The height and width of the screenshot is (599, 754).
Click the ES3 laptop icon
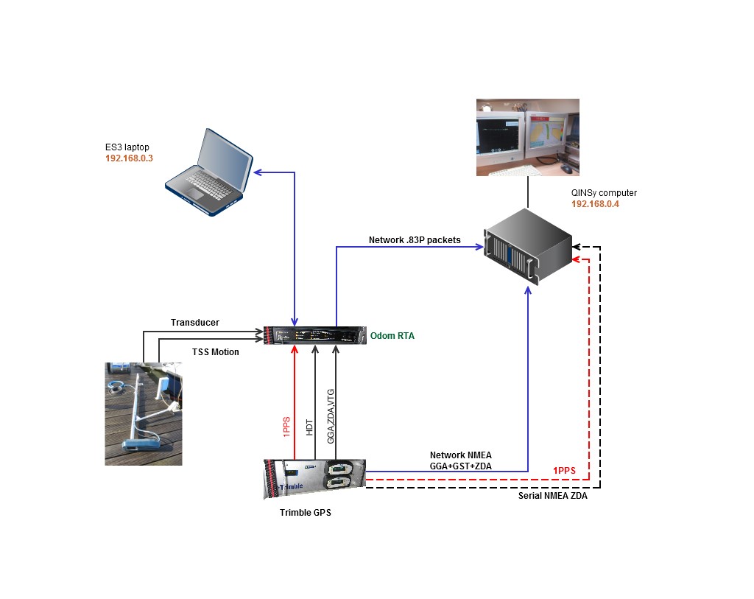[x=208, y=173]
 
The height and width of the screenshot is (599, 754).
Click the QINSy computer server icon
[x=527, y=246]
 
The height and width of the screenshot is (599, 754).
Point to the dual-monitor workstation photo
[x=527, y=137]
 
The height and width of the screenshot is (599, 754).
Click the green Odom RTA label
[x=392, y=336]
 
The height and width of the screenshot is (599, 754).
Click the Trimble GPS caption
[x=305, y=513]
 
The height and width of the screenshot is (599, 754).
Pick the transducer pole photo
[x=143, y=413]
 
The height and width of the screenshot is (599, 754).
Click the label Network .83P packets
[x=415, y=240]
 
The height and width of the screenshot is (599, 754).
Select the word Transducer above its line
[x=195, y=322]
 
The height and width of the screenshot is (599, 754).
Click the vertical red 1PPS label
[x=287, y=427]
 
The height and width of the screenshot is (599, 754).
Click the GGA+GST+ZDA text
[x=461, y=466]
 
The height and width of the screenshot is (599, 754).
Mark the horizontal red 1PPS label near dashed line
[x=565, y=470]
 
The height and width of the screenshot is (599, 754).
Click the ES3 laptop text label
[x=127, y=147]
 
